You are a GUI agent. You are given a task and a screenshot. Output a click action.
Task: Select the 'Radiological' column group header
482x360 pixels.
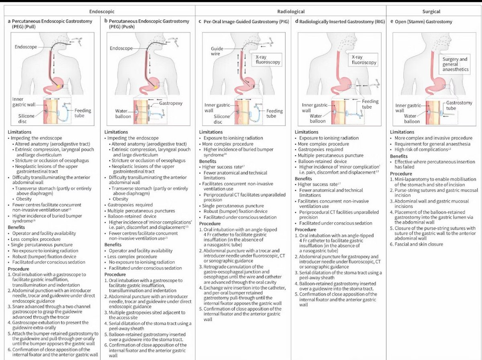coord(290,12)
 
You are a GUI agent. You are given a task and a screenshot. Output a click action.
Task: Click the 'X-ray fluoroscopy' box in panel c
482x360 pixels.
coord(266,59)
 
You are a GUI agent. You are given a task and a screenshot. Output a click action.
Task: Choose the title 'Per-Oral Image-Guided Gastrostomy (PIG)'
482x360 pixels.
coord(243,21)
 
